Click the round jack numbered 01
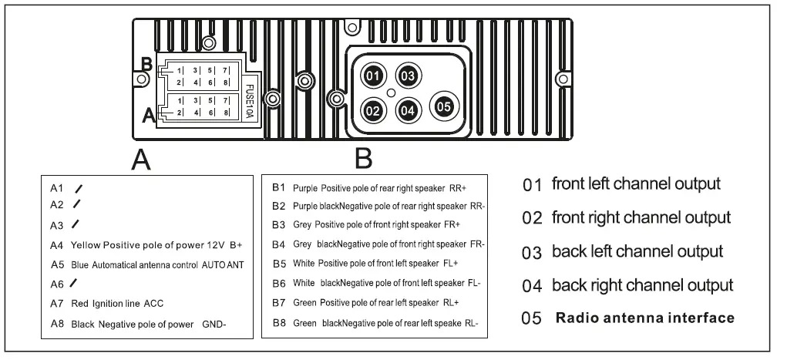point(373,76)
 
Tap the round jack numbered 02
point(373,110)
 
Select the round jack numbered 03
point(408,76)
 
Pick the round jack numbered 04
point(409,110)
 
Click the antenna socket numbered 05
point(443,106)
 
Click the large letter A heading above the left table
point(140,159)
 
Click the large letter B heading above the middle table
point(364,159)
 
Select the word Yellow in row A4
point(86,246)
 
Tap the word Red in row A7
point(80,304)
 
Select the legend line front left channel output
point(636,184)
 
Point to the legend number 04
point(533,285)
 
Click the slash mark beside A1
point(79,187)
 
